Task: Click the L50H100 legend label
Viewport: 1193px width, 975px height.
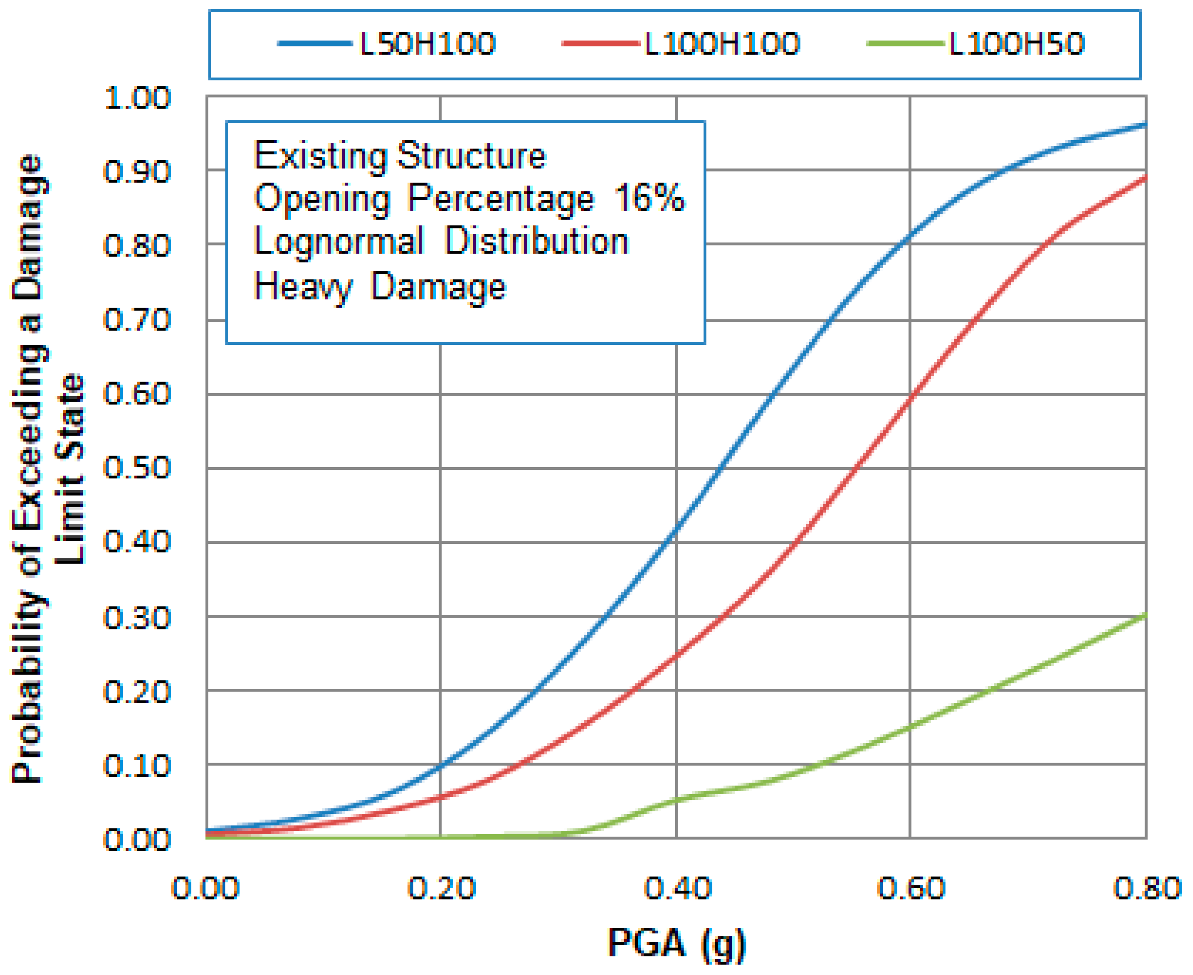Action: (427, 44)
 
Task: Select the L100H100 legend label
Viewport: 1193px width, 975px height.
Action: (722, 44)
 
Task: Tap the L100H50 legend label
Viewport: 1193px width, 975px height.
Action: (1016, 44)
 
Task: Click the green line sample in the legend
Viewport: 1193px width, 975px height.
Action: (905, 44)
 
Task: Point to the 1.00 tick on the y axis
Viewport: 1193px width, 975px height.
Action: (137, 98)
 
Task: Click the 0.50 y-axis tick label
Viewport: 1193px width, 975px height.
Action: (137, 468)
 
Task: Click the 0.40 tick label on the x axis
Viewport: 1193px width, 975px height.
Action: (677, 889)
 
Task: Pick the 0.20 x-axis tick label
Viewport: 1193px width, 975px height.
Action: (441, 889)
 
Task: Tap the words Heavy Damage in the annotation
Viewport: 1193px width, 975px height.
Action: (380, 286)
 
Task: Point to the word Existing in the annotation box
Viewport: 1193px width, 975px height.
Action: (320, 155)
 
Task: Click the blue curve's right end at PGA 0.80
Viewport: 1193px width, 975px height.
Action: (1145, 125)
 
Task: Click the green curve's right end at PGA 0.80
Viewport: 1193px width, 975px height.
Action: (1145, 615)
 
